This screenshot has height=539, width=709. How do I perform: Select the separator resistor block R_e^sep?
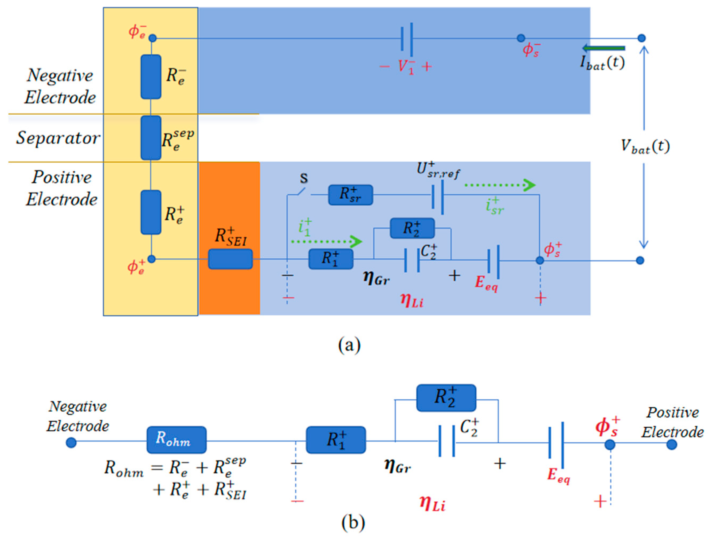151,138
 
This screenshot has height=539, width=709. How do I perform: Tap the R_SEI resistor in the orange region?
230,259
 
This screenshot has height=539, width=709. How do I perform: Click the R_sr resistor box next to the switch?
350,195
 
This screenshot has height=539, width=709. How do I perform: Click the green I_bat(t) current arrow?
604,48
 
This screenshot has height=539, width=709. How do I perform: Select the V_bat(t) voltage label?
645,147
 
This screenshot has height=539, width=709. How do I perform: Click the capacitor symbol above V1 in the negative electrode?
407,38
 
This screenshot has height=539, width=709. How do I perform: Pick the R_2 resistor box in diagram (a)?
412,228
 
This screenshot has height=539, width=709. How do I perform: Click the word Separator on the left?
58,138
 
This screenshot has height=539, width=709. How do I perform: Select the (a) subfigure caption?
349,345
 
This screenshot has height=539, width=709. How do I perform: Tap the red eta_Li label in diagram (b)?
432,503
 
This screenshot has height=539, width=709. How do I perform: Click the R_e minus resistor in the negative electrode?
151,77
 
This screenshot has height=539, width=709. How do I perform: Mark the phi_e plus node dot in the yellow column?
151,259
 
